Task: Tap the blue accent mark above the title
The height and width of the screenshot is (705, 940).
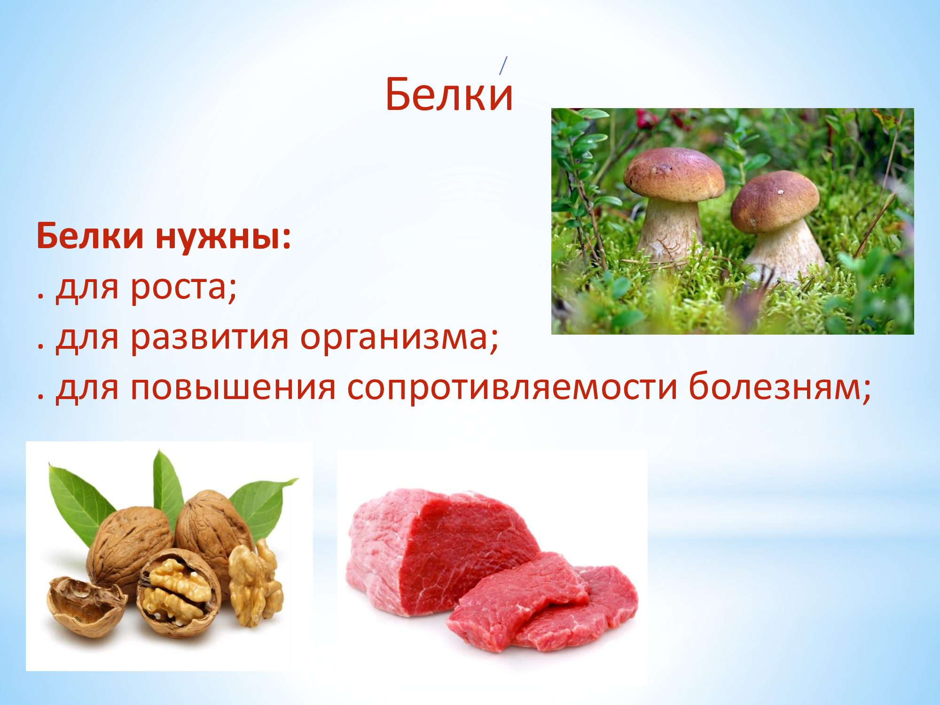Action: (503, 65)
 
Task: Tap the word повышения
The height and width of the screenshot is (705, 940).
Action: (233, 387)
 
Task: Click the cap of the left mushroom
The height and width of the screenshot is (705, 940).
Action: (674, 174)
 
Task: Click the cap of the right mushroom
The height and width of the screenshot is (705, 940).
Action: (775, 201)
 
